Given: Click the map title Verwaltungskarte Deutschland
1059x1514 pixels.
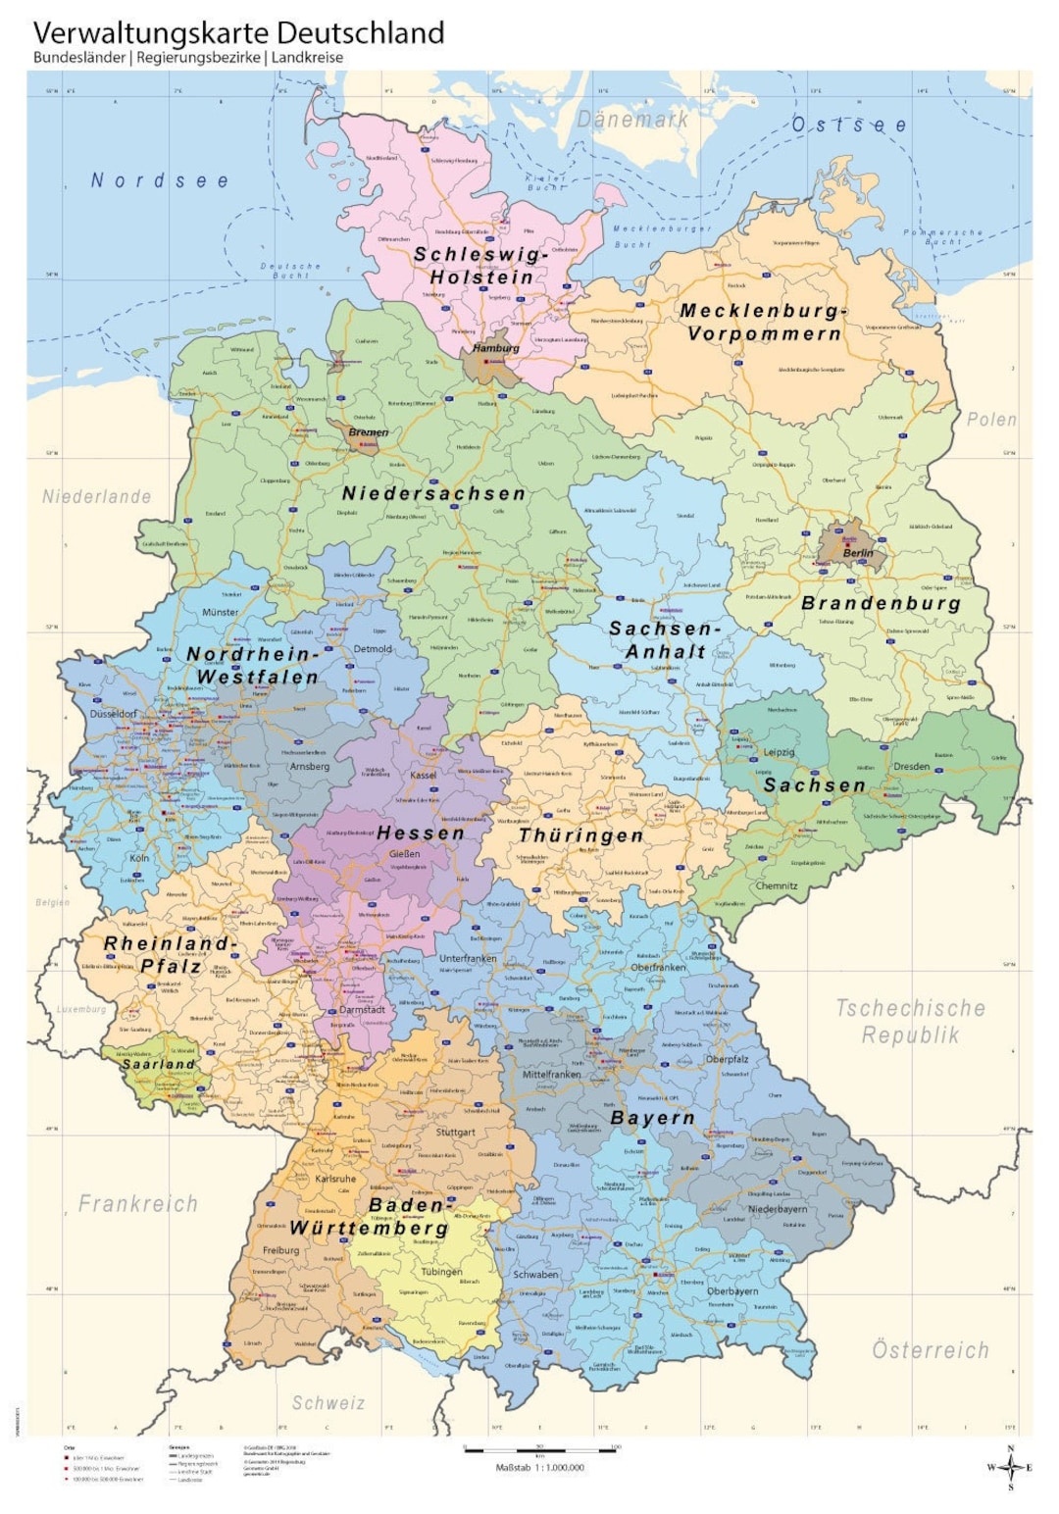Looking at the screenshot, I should click(x=238, y=32).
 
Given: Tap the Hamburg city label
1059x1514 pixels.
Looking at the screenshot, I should click(x=496, y=348).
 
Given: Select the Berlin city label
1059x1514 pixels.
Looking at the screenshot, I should click(x=858, y=553).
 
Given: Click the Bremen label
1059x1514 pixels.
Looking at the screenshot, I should click(x=369, y=432).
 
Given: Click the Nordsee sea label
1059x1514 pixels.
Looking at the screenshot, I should click(x=160, y=180).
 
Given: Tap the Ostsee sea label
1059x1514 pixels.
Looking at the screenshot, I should click(x=849, y=125).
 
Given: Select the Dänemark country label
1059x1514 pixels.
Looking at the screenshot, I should click(x=632, y=120).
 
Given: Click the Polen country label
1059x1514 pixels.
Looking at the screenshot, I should click(x=991, y=420).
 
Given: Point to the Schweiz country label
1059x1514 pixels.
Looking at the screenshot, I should click(x=328, y=1403).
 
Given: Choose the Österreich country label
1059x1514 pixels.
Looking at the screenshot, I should click(x=931, y=1350).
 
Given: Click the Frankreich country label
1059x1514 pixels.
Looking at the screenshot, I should click(x=138, y=1203).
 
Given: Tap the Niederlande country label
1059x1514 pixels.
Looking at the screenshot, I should click(x=97, y=497).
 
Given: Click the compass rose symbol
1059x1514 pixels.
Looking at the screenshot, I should click(x=1010, y=1467).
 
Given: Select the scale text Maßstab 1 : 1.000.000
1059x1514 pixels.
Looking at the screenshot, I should click(x=539, y=1468).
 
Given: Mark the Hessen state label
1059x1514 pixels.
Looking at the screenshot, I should click(x=421, y=833).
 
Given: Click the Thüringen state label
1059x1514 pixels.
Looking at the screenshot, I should click(x=581, y=835).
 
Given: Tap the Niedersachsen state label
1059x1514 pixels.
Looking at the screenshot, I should click(x=433, y=493).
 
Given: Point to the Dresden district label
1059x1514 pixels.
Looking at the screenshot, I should click(x=911, y=767).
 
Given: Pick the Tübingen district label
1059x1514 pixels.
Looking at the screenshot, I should click(x=441, y=1272).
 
